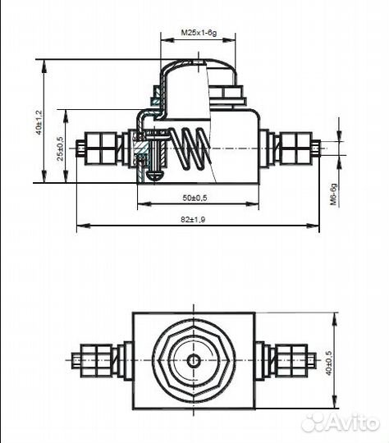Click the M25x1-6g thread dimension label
pos(199,33)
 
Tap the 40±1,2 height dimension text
pos(39,122)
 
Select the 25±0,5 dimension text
pos(60,148)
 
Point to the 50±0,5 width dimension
pos(194,198)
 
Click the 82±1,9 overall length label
pos(193,219)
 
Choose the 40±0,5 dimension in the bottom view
pos(328,363)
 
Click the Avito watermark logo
pos(341,423)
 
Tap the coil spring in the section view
pos(190,148)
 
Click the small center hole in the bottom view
pos(194,361)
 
